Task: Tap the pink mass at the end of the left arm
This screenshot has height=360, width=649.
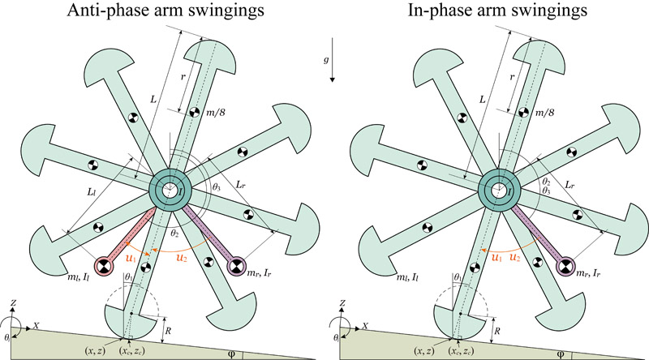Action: [104, 265]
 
